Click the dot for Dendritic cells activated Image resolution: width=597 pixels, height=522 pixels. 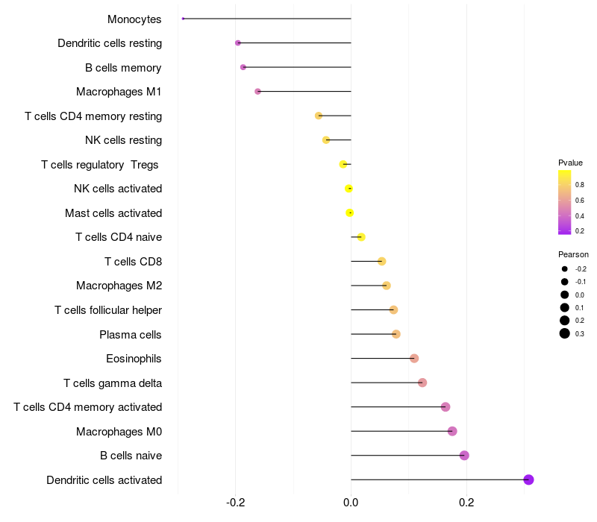[528, 479]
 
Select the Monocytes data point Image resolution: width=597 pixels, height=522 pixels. [183, 19]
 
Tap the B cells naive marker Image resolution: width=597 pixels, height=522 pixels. [464, 456]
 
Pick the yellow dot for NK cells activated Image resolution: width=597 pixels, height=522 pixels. [348, 189]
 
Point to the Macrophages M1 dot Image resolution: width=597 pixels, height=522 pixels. [258, 92]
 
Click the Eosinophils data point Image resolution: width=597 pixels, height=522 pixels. [414, 359]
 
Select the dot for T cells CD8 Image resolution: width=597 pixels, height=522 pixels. [382, 261]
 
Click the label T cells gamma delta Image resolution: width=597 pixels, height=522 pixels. [113, 383]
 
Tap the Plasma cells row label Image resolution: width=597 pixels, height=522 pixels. [131, 335]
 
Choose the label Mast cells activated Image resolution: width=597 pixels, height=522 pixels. [113, 213]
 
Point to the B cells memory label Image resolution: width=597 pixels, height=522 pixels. [123, 68]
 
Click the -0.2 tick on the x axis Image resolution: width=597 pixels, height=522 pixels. [236, 503]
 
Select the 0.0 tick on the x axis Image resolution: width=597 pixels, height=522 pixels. [351, 503]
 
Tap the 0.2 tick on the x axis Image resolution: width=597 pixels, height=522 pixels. [466, 503]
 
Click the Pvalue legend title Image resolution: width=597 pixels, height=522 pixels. [570, 163]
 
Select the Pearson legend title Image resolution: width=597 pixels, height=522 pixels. [573, 254]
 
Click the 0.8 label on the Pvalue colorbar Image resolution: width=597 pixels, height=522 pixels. [580, 183]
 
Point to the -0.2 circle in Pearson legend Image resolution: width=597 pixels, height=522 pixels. [565, 268]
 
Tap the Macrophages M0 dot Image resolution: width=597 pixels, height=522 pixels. [452, 431]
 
